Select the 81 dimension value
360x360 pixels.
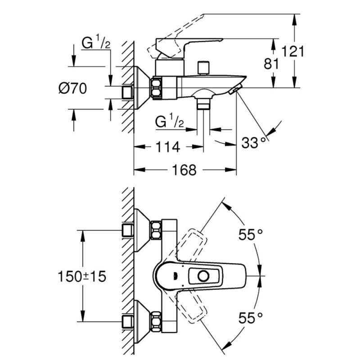pyautogui.click(x=272, y=64)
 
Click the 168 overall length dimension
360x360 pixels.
pyautogui.click(x=184, y=170)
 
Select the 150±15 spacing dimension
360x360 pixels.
pyautogui.click(x=82, y=276)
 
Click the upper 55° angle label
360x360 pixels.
pyautogui.click(x=251, y=234)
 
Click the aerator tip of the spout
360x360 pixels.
pyautogui.click(x=234, y=91)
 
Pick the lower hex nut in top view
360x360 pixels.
pyautogui.click(x=157, y=321)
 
